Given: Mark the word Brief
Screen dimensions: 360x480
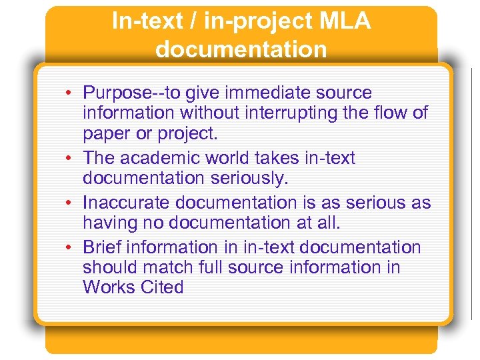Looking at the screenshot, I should tap(102, 247).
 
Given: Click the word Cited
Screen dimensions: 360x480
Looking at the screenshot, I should tap(161, 287).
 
